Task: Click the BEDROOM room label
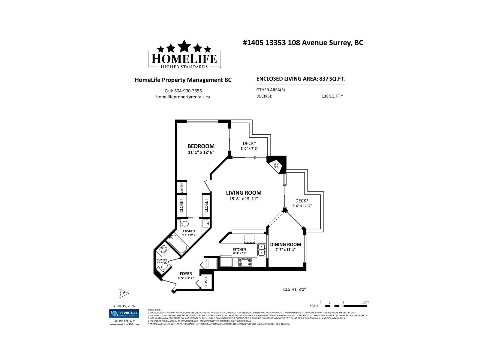coord(201,146)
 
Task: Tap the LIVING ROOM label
coord(244,193)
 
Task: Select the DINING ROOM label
coord(285,244)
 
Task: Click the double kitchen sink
coord(262,250)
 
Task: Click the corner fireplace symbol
coord(276,165)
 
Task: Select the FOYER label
coord(186,274)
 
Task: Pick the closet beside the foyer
coord(206,282)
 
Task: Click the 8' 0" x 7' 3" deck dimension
coord(249,148)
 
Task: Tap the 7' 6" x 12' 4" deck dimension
coord(302,206)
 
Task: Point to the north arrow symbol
coord(124,293)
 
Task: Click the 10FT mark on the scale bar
coord(365,303)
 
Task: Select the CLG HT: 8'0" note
coord(294,289)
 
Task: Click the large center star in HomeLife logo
coord(184,46)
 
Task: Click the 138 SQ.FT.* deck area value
coord(332,97)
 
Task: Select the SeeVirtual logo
coord(124,313)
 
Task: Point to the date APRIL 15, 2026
coord(124,306)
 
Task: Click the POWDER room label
coord(162,260)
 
